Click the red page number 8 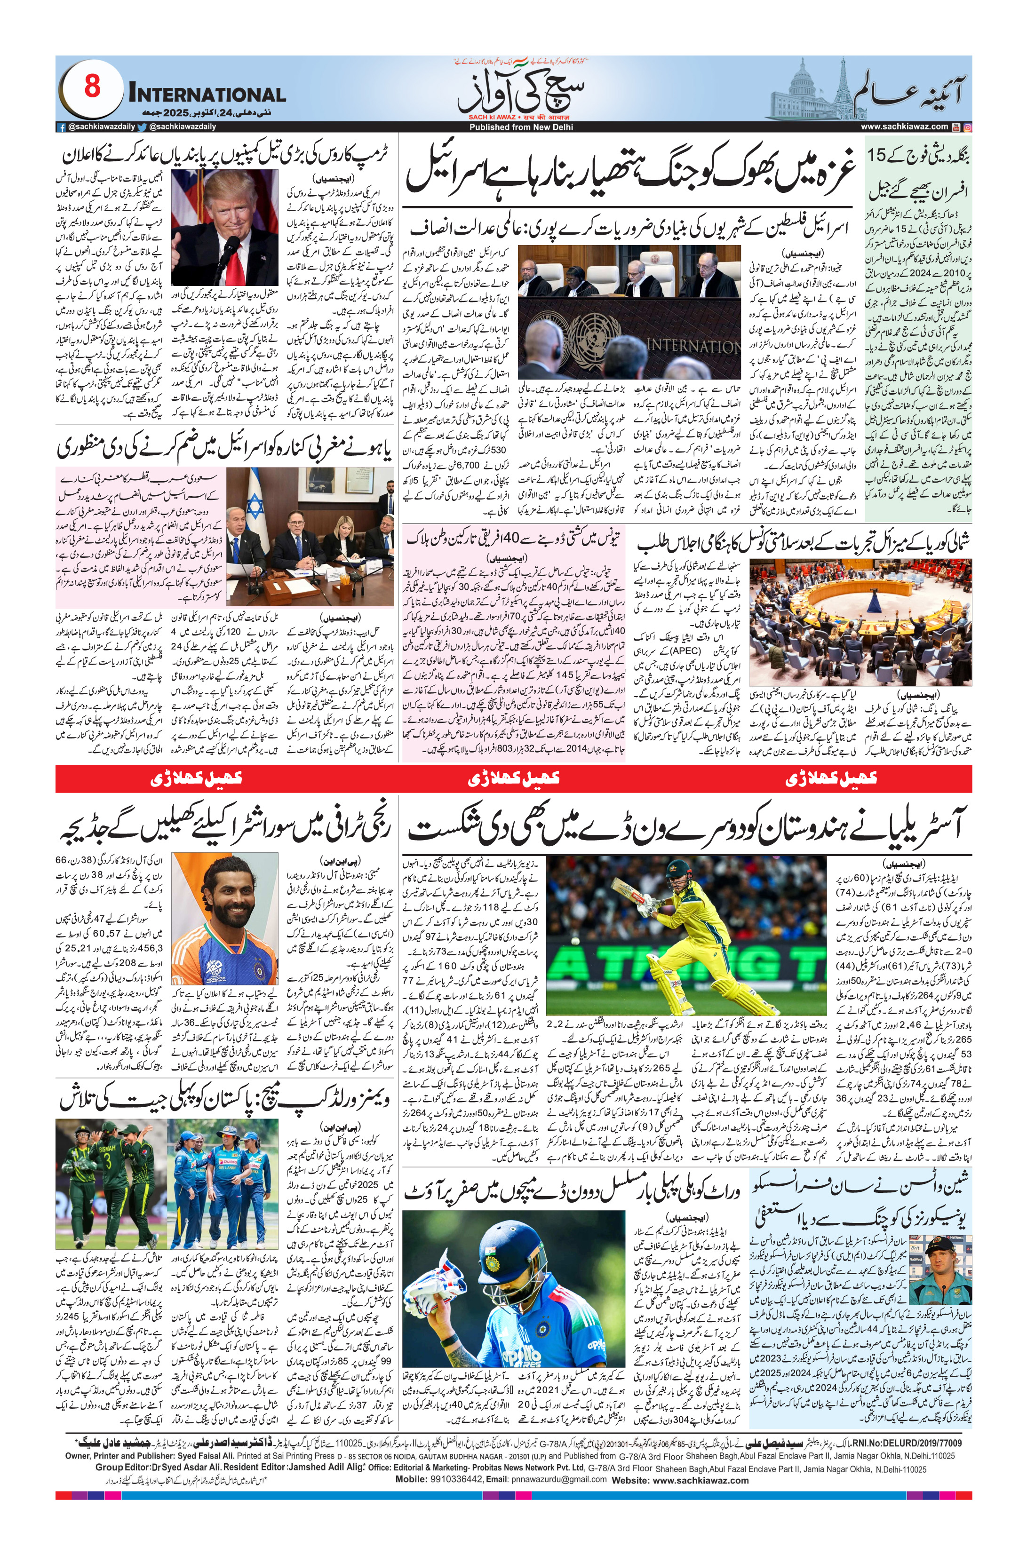click(x=92, y=86)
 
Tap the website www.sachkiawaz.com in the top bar click(x=904, y=127)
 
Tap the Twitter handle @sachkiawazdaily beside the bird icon click(x=182, y=127)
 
